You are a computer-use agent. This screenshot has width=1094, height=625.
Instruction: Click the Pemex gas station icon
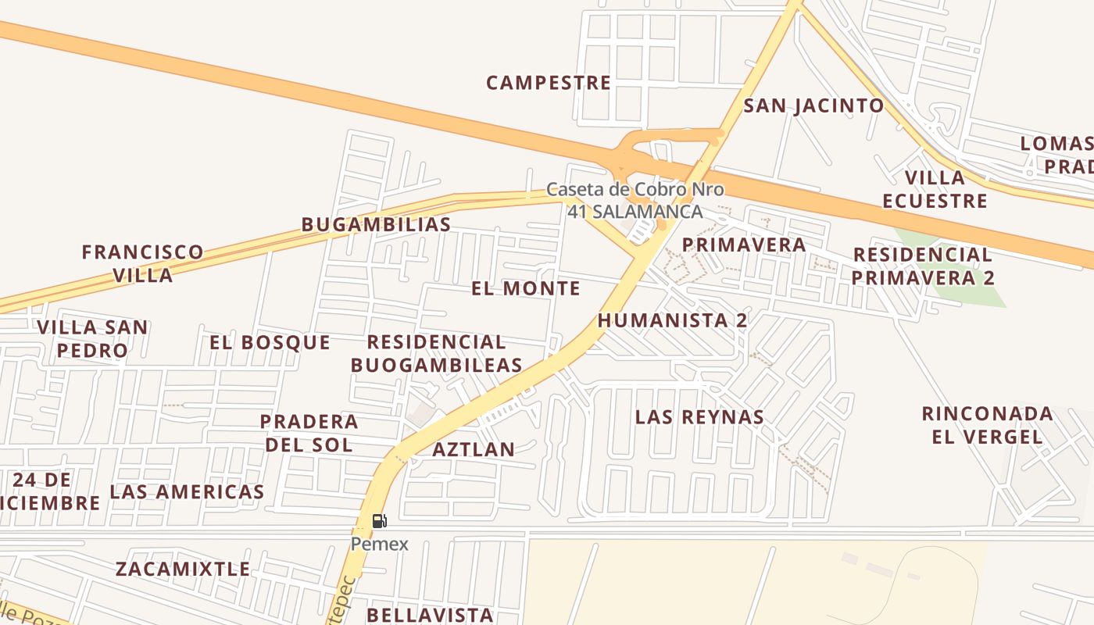point(379,521)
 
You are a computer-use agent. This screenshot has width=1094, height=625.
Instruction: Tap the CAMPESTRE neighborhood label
point(548,83)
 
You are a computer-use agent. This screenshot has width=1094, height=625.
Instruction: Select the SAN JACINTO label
point(813,106)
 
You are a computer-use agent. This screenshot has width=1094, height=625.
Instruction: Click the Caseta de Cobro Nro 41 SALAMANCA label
point(635,200)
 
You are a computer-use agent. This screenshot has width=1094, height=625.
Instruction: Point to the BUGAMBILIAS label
point(376,225)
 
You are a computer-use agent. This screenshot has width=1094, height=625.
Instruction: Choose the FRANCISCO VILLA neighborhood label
point(142,263)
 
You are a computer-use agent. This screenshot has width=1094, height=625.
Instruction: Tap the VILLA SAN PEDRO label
point(92,338)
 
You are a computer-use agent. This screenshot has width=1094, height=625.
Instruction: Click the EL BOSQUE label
point(270,342)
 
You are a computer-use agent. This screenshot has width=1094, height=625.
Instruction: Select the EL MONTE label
point(525,288)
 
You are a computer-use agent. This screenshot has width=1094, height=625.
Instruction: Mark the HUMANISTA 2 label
point(672,320)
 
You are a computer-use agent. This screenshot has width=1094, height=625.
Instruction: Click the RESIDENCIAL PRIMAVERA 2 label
point(922,266)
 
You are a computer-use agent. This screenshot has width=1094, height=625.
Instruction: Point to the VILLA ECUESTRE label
point(935,189)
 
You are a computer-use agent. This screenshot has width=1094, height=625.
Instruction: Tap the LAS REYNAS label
point(699,417)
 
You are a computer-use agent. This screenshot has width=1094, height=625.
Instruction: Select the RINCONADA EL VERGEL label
point(987,424)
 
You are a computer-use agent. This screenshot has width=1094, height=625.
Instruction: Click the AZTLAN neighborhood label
point(474,450)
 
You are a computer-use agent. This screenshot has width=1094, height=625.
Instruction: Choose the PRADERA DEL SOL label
point(309,433)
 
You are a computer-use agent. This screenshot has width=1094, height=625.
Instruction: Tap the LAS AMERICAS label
point(187,492)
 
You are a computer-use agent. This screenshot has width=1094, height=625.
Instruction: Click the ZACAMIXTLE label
point(183,569)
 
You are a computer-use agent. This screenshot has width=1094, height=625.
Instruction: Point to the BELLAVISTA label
point(430,615)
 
